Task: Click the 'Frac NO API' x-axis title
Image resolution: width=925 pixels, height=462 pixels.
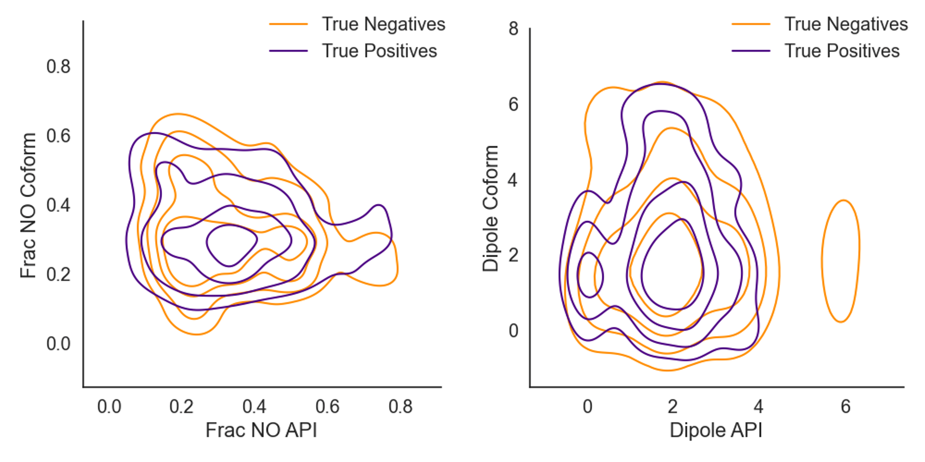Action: [x=261, y=430]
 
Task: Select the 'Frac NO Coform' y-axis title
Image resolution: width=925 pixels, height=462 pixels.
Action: [x=28, y=205]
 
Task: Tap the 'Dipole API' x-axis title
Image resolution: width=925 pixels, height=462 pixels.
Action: [x=716, y=430]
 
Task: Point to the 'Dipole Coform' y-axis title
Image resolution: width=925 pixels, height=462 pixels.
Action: [x=490, y=208]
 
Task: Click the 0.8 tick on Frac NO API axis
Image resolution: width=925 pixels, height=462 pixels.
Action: [x=401, y=407]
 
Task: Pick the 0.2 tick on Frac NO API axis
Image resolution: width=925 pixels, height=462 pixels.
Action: [x=181, y=407]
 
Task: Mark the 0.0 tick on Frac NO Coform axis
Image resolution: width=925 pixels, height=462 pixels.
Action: [x=58, y=344]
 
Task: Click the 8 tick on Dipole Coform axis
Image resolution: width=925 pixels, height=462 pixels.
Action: [x=513, y=28]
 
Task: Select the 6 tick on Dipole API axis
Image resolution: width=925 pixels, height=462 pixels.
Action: [x=846, y=407]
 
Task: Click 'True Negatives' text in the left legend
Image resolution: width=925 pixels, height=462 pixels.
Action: [x=383, y=24]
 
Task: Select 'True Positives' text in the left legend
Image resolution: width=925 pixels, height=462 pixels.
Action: [x=379, y=51]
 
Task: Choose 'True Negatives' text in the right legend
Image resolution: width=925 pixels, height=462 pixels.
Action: [x=846, y=24]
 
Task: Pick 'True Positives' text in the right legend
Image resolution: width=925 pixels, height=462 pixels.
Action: [x=842, y=51]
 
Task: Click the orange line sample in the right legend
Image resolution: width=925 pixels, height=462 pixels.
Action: [x=751, y=24]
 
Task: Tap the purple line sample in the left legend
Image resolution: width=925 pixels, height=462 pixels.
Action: [x=288, y=51]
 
